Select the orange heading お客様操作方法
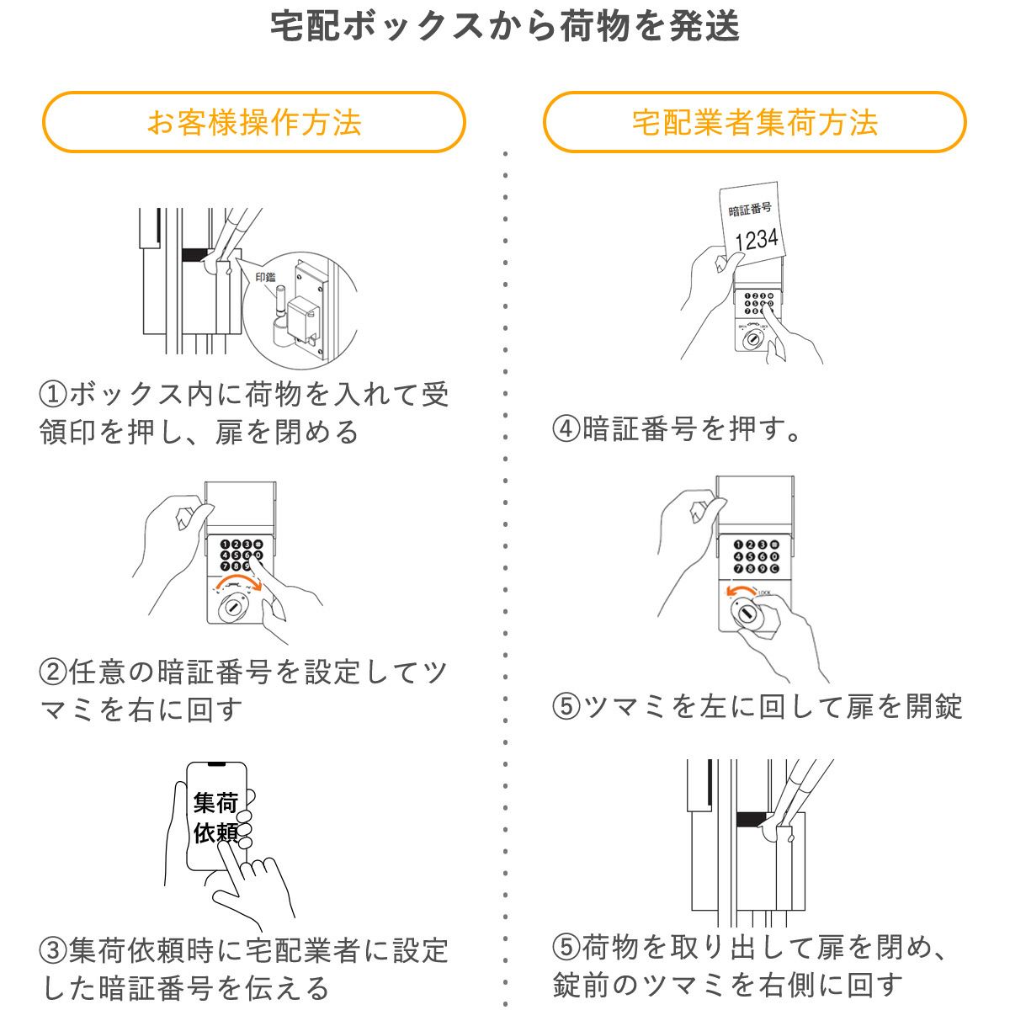point(254,123)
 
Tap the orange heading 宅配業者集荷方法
point(754,123)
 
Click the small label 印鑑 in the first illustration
point(265,277)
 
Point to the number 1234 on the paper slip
point(756,239)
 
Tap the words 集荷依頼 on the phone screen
point(215,817)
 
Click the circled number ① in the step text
point(53,394)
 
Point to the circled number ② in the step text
point(53,672)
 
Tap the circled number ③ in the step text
point(53,951)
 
